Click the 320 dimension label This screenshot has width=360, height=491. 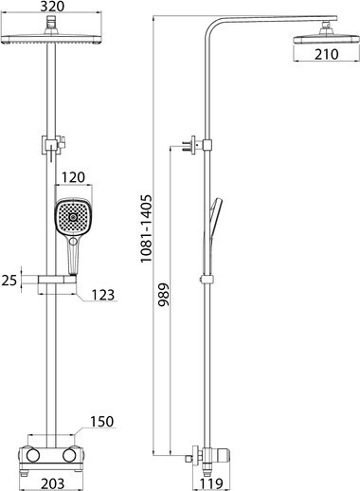point(52,7)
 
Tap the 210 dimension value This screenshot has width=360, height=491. point(326,54)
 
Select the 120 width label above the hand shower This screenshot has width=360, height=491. point(73,177)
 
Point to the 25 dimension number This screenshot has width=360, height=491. point(9,281)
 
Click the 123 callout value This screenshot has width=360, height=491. point(103,295)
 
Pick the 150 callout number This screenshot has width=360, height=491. point(101,422)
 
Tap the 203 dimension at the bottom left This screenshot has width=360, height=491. point(53,484)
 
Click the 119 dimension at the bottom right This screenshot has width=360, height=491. point(211,484)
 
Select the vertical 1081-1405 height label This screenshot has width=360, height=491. point(147,228)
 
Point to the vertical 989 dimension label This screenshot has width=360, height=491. point(164,295)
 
